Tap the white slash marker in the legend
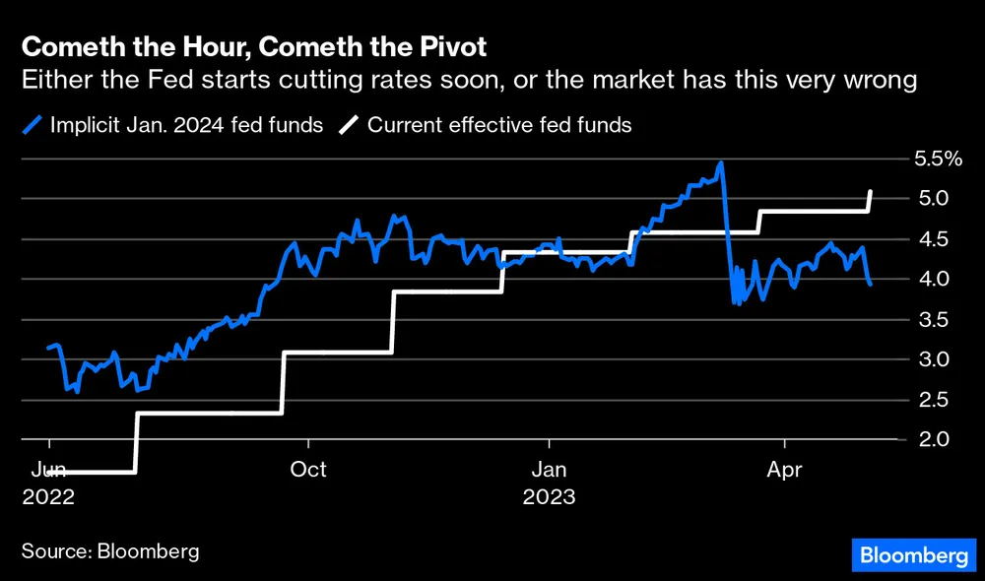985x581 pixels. pos(351,125)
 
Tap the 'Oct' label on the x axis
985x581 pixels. pos(308,470)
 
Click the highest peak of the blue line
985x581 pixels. pos(721,163)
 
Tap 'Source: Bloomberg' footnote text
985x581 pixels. pos(110,550)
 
